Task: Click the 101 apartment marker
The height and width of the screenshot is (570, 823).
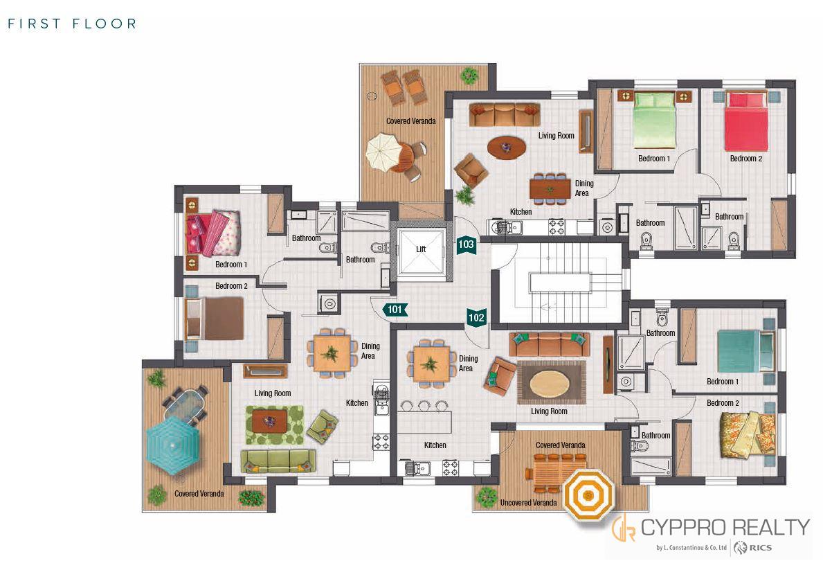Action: click(395, 310)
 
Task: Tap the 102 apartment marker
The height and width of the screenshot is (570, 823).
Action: click(476, 317)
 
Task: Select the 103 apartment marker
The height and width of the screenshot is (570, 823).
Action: click(466, 244)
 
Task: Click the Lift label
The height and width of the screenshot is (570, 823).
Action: click(421, 249)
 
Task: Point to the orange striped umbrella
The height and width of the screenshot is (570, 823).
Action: click(588, 495)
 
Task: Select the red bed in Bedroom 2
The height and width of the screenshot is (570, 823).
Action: click(745, 121)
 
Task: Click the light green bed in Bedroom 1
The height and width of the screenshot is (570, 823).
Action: click(653, 120)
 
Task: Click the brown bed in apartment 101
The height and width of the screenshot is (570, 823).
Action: click(216, 319)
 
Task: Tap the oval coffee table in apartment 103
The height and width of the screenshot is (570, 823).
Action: click(507, 147)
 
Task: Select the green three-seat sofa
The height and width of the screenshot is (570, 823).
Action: click(278, 461)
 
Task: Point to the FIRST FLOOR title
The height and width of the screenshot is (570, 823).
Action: click(72, 24)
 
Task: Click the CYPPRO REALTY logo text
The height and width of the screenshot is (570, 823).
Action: click(725, 527)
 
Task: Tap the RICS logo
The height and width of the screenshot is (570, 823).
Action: click(753, 548)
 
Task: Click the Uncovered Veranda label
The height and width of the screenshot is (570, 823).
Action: click(529, 503)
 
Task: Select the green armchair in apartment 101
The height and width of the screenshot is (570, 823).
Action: click(322, 426)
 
